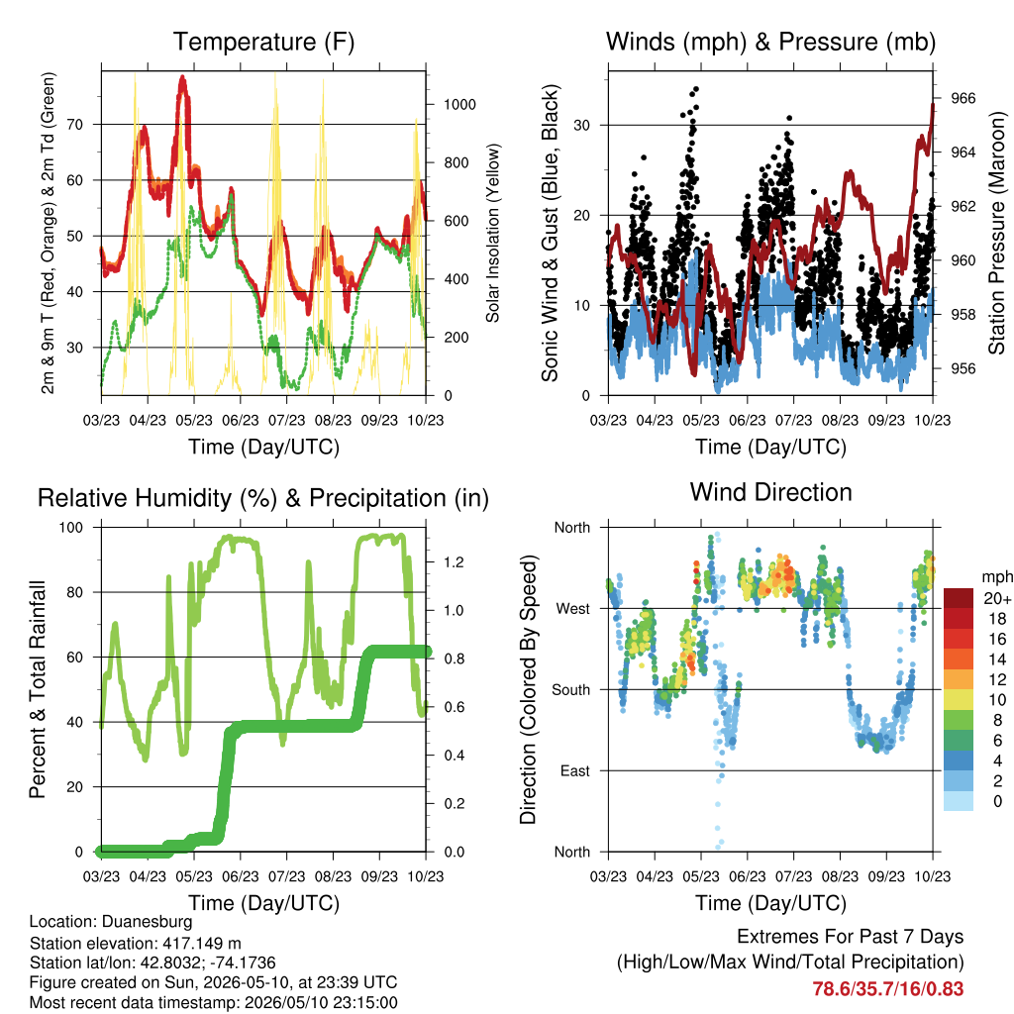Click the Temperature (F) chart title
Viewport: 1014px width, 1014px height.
tap(263, 42)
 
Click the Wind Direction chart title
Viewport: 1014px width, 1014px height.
tap(770, 492)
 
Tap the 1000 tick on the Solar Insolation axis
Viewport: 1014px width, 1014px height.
tap(459, 105)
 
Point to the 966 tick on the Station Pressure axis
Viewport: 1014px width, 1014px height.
tap(963, 98)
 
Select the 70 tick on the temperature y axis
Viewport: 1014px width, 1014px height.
tap(75, 124)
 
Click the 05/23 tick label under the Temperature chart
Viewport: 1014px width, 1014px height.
tap(194, 420)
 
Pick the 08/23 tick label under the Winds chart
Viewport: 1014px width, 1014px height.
tap(840, 420)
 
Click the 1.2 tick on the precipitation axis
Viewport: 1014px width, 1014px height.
tap(454, 562)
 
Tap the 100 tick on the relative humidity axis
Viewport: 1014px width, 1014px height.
tap(71, 528)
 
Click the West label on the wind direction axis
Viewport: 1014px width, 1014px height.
tap(573, 609)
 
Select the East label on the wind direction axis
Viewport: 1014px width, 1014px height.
tap(575, 770)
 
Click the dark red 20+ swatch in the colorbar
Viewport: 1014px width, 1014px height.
tap(959, 598)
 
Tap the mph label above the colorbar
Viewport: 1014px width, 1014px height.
tap(996, 577)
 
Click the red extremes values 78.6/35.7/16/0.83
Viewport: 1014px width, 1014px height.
tap(888, 989)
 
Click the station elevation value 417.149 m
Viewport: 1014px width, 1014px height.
tap(200, 943)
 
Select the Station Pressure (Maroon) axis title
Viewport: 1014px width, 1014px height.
tap(996, 233)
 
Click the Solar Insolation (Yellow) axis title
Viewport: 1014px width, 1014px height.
tap(493, 233)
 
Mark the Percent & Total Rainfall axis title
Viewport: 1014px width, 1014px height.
tap(38, 689)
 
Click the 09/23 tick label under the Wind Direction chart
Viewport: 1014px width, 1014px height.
tap(886, 876)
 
